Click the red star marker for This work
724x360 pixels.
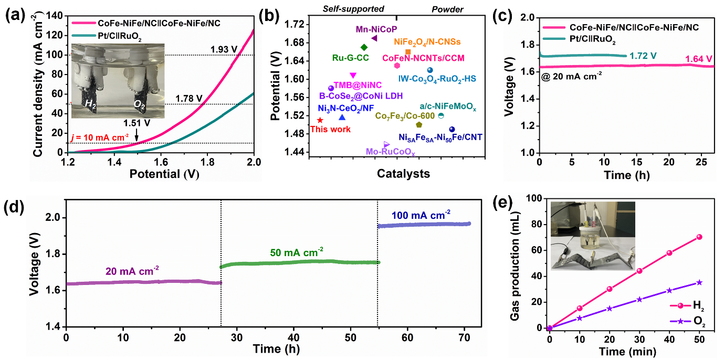click(320, 120)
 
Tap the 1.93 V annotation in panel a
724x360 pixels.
click(225, 49)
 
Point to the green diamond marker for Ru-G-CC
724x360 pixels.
click(364, 47)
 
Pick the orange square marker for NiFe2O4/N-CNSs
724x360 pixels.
click(408, 51)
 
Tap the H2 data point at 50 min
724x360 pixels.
click(699, 237)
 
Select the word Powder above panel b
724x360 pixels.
click(447, 9)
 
